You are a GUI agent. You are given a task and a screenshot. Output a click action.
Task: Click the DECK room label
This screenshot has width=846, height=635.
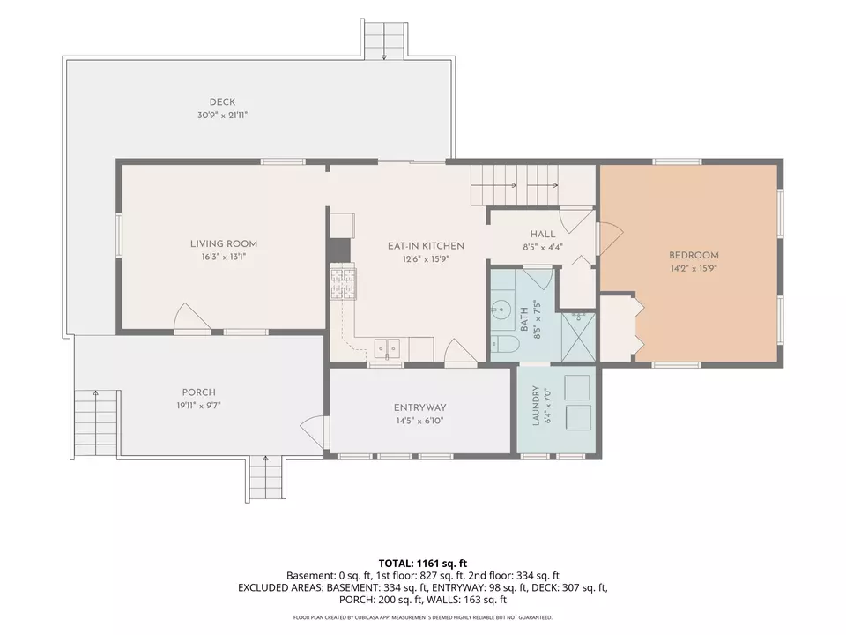coord(222,102)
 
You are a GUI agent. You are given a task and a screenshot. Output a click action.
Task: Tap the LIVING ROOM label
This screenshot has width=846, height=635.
coord(223,244)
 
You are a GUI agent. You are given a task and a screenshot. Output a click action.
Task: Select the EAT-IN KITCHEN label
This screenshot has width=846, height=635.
coord(426,246)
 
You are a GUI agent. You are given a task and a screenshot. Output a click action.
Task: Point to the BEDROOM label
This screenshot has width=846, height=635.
coord(694,256)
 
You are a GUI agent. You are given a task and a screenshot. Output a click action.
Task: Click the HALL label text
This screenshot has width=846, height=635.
coord(542,235)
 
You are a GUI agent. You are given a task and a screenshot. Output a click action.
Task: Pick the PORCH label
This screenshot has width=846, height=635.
coord(198,392)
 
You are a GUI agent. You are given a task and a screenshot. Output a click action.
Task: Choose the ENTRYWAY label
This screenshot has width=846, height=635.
coord(419,408)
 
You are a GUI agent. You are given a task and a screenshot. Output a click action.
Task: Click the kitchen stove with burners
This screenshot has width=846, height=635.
coord(344,283)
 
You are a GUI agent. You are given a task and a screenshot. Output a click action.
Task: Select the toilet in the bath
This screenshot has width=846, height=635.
coord(504,343)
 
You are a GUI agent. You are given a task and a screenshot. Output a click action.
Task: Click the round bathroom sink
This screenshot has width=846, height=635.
coord(501,310)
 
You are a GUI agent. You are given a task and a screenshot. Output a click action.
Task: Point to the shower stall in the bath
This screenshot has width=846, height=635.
coord(578,336)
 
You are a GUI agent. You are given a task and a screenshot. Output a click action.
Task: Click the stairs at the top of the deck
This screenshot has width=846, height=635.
coord(383,38)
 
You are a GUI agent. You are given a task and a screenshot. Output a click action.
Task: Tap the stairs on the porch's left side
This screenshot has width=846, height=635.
coord(95,422)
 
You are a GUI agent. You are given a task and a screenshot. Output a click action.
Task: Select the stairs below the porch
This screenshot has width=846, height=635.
coord(265,479)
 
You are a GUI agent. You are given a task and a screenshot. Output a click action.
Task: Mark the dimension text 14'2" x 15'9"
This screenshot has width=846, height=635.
coord(694,268)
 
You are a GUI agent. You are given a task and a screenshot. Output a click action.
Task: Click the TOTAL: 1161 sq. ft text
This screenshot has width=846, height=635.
coord(422,564)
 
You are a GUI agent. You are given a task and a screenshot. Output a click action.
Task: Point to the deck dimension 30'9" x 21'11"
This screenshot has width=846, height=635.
coord(222,115)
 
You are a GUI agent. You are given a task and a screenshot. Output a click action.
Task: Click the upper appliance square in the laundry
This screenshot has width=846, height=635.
coord(576,387)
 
